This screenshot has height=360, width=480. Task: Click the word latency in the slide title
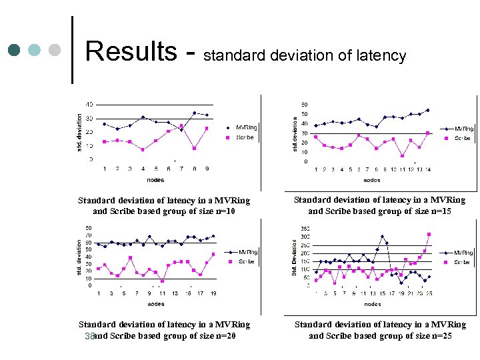pyautogui.click(x=380, y=56)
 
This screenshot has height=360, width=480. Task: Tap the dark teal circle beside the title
pyautogui.click(x=15, y=50)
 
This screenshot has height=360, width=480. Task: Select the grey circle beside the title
pyautogui.click(x=55, y=50)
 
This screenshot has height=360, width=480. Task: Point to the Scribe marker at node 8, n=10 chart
pyautogui.click(x=194, y=148)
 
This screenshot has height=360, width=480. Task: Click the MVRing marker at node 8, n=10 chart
pyautogui.click(x=194, y=113)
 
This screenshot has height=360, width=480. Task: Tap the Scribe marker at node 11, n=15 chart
pyautogui.click(x=402, y=156)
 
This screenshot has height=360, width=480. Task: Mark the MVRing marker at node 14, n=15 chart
pyautogui.click(x=427, y=110)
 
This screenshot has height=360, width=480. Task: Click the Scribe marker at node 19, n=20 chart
pyautogui.click(x=213, y=254)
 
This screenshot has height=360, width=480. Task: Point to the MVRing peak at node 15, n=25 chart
pyautogui.click(x=382, y=236)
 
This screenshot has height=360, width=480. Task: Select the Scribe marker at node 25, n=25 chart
pyautogui.click(x=429, y=234)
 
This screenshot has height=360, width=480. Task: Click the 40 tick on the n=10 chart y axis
pyautogui.click(x=89, y=105)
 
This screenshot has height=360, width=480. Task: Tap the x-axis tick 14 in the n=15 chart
pyautogui.click(x=427, y=169)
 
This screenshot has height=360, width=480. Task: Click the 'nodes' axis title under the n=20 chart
pyautogui.click(x=155, y=304)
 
